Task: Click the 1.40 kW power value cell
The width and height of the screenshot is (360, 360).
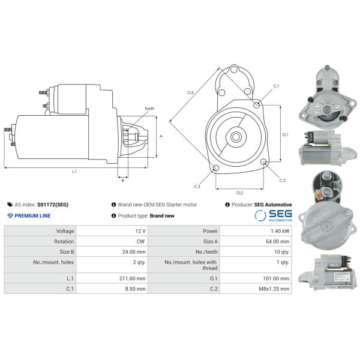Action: [280, 231]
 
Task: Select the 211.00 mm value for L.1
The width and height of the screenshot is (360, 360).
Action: [133, 278]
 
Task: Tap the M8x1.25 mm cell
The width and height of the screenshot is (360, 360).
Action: [274, 289]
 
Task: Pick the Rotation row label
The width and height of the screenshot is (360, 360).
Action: [64, 242]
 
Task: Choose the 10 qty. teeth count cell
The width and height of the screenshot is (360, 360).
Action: [281, 252]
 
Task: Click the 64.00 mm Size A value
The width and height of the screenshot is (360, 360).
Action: [278, 242]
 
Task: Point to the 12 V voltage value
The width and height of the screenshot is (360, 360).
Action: [140, 231]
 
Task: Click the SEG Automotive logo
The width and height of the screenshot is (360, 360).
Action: [273, 215]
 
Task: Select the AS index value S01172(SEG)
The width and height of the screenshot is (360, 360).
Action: [53, 205]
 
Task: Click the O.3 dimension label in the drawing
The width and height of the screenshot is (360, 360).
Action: [190, 93]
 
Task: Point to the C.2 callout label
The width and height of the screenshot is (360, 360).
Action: [283, 181]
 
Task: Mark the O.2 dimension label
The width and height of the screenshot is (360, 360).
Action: [239, 193]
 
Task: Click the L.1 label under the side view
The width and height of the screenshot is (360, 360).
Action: [74, 172]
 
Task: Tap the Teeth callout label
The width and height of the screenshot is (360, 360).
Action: [149, 109]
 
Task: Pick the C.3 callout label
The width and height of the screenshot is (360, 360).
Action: [197, 187]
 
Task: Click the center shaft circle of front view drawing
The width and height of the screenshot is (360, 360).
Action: [236, 137]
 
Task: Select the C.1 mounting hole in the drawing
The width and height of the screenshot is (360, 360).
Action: [256, 105]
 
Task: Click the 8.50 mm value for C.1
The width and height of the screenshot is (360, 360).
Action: [136, 289]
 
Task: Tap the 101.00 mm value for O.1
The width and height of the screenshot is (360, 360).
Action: [276, 278]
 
